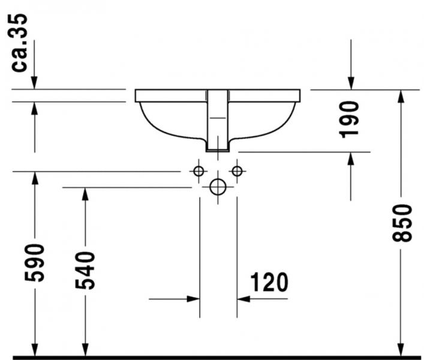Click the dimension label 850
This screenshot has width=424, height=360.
[402, 223]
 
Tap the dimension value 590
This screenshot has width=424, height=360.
[34, 263]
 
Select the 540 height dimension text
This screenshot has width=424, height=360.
[85, 271]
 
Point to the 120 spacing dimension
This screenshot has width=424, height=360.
[269, 282]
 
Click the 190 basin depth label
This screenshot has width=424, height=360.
[349, 119]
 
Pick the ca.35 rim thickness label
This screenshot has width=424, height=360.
[19, 43]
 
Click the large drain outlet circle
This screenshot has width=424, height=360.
[218, 187]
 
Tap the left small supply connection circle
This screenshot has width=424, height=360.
[199, 171]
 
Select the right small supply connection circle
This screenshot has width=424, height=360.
[237, 171]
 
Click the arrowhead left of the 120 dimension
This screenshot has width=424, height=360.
[193, 299]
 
